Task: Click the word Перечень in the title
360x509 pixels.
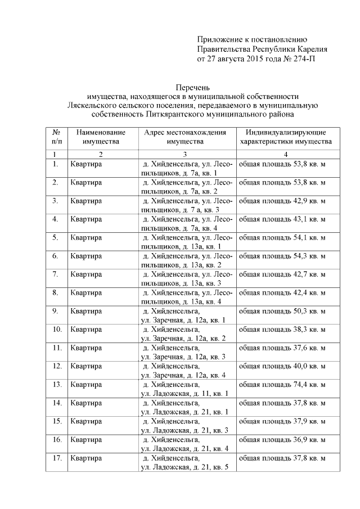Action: click(x=192, y=87)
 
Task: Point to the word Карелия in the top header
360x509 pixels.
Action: click(x=308, y=49)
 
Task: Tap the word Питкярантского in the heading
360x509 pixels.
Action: click(x=175, y=114)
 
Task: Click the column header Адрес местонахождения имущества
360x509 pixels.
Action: click(x=185, y=137)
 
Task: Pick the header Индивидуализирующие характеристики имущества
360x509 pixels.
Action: click(x=285, y=137)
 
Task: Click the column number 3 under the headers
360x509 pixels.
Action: click(x=185, y=154)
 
